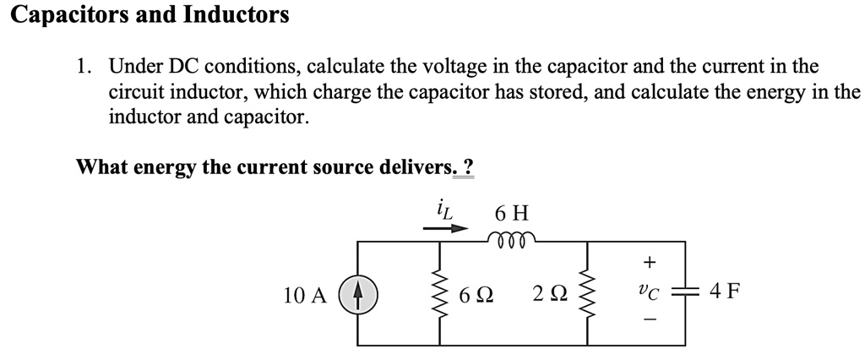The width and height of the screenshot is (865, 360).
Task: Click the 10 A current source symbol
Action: point(358,295)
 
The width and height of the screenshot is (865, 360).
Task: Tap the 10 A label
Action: point(305,295)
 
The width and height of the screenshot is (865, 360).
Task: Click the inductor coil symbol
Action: point(510,241)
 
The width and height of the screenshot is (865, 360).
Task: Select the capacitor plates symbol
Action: point(683,294)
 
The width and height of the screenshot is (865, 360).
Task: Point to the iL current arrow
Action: point(446,228)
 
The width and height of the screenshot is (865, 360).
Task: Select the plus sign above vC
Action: point(647,262)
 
